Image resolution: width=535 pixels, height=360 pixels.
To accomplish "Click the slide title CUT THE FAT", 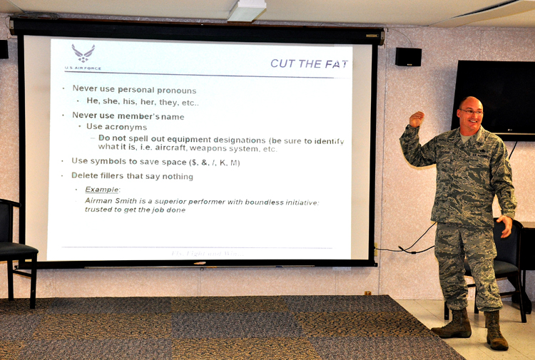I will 309,63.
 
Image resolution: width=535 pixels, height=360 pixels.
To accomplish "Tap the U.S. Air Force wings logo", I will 83,53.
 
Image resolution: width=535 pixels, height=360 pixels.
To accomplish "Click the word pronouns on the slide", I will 175,90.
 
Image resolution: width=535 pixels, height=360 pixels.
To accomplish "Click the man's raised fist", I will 416,118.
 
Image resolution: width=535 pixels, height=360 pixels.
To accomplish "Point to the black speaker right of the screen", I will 408,57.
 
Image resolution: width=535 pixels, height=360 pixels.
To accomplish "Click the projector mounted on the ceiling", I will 246,10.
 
